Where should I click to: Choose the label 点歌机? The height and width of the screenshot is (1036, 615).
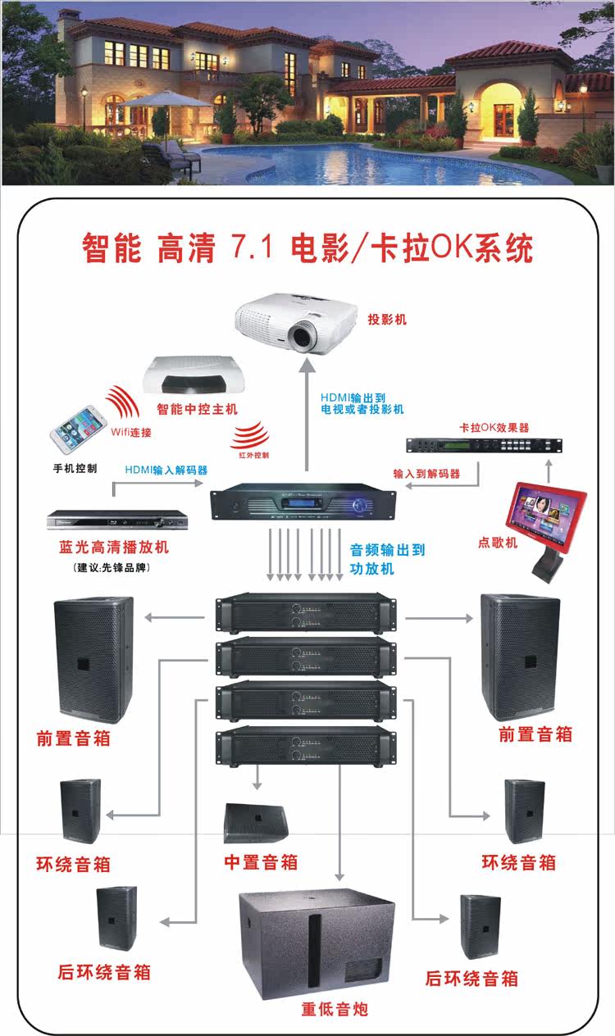[498, 542]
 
